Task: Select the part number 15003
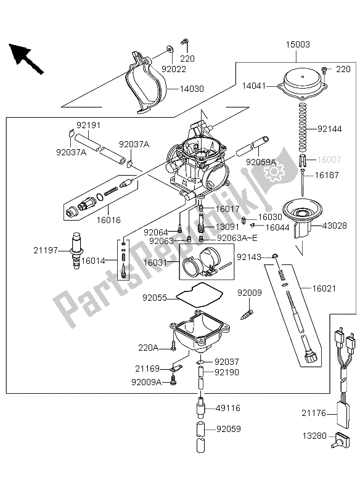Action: [x=297, y=45]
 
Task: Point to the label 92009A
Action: [x=145, y=382]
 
